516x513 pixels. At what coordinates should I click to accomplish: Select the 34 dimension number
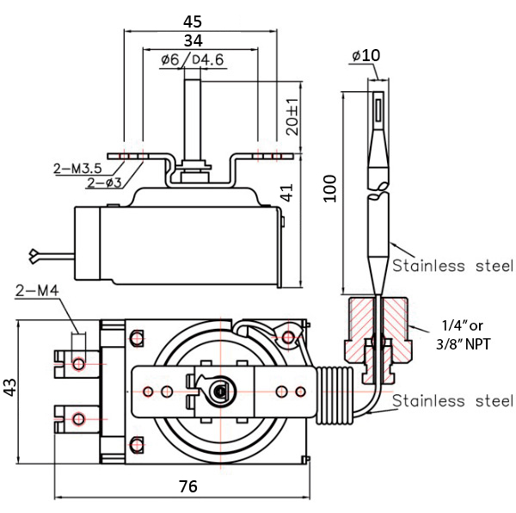(193, 40)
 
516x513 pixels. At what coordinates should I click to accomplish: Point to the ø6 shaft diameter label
(170, 59)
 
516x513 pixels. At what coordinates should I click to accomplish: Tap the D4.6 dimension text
(207, 59)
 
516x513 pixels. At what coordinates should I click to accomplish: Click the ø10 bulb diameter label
(365, 56)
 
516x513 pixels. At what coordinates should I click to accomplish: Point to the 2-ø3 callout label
(104, 182)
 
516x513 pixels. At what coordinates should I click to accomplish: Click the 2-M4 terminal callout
(37, 294)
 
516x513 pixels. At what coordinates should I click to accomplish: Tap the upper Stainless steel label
(452, 265)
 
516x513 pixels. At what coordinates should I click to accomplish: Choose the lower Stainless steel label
(452, 401)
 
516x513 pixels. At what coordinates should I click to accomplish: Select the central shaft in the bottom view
(220, 392)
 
